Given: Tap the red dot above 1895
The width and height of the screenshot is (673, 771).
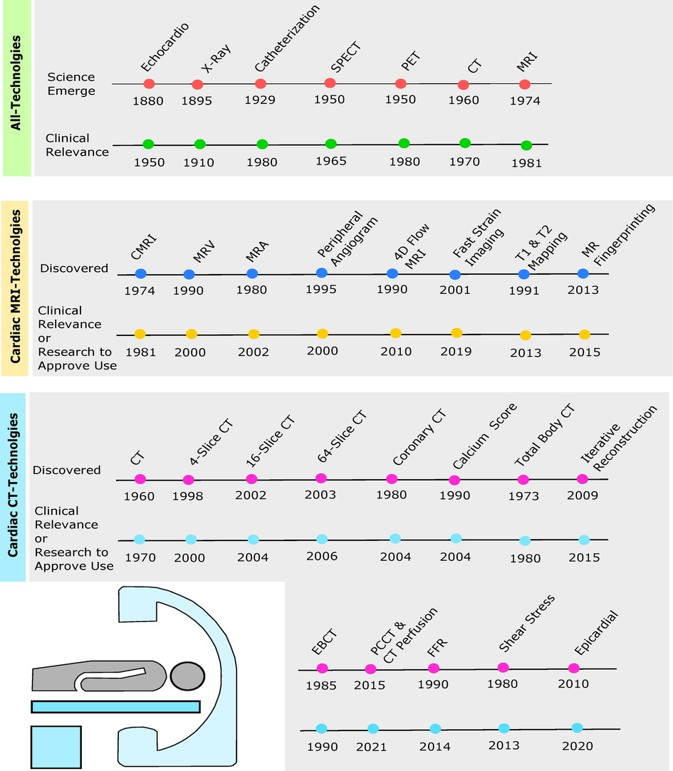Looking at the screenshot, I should pos(197,85).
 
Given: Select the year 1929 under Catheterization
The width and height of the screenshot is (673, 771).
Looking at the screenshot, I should pos(259,100).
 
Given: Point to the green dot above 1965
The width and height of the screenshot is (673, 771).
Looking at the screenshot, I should pos(330,144).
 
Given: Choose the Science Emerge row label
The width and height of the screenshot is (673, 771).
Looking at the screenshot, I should pos(71,83).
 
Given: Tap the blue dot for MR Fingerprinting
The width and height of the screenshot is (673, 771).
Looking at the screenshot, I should pos(583,273).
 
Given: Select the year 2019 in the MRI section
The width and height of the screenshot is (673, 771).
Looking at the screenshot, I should pos(457,351).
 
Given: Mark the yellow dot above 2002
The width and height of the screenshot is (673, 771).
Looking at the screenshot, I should pos(254,334).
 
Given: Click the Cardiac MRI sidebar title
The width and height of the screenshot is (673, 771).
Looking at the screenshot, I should pos(16,282).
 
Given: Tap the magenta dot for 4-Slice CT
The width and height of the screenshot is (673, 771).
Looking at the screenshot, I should pos(188,480).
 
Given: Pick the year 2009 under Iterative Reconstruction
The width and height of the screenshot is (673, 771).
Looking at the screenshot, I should pos(583,495).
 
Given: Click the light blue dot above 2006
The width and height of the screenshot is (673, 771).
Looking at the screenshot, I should pos(321,539).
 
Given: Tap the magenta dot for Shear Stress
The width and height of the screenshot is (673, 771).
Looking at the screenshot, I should pos(503,667).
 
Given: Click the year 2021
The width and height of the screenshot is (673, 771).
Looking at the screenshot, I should pos(371,747).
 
